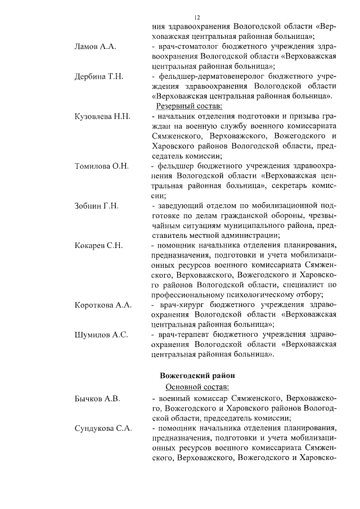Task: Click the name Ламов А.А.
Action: point(95,46)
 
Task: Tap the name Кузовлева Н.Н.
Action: point(102,116)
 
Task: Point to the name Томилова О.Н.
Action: point(102,166)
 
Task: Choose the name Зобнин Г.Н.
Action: point(96,206)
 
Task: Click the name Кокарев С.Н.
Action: point(99,246)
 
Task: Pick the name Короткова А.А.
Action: point(103,305)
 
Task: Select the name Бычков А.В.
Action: point(97,398)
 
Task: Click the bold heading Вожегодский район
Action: point(197,375)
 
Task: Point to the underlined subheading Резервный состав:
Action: point(190,106)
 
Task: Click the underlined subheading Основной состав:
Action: point(197,387)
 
